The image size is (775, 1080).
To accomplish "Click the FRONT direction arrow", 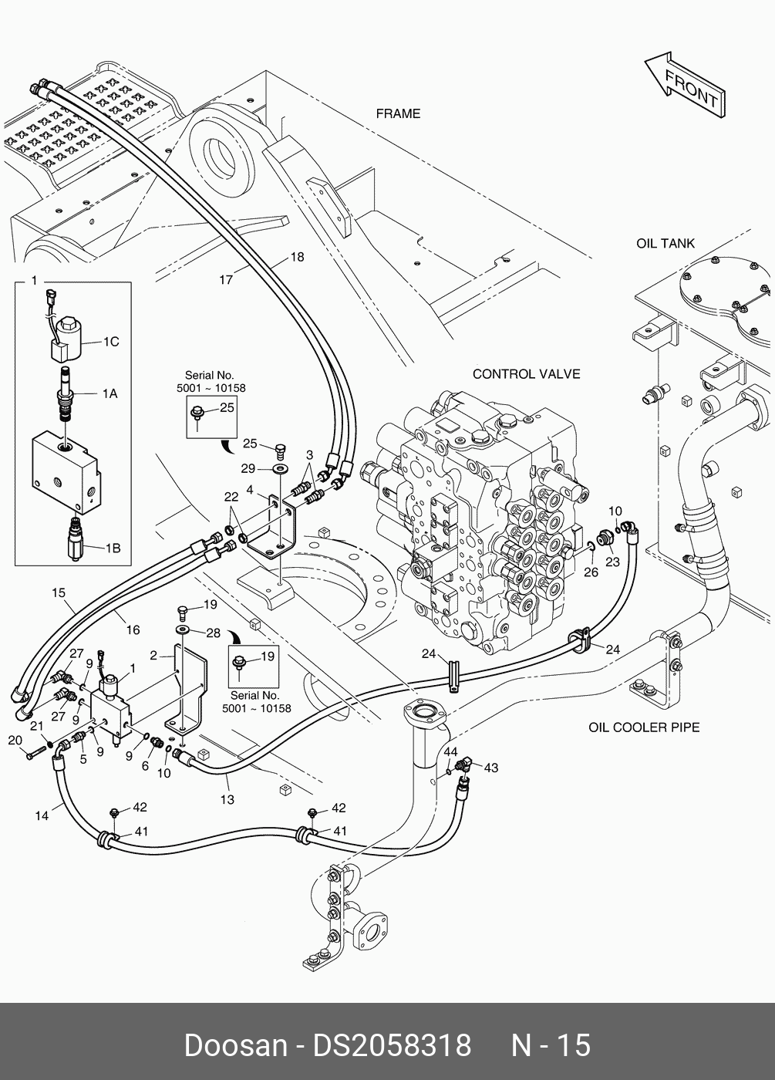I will click(x=683, y=86).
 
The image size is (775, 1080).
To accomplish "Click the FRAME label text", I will click(x=398, y=113).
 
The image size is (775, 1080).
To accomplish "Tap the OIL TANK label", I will click(x=665, y=243).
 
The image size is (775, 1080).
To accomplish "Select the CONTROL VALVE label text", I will click(x=526, y=374).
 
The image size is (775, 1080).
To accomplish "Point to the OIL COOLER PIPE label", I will click(x=644, y=727).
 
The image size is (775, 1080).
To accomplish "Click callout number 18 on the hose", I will click(x=297, y=258).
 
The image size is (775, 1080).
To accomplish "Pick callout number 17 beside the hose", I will click(x=226, y=280).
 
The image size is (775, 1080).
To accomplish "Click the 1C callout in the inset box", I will click(x=111, y=341).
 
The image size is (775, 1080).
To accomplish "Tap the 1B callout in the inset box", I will click(x=112, y=548).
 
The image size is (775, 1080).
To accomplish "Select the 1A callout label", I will click(x=110, y=393).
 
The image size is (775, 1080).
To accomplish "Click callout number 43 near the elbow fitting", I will click(x=490, y=768).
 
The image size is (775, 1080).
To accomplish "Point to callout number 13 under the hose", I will click(x=227, y=800).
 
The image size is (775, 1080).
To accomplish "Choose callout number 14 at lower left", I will click(x=43, y=815).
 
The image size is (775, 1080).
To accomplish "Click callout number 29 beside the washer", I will click(x=248, y=469).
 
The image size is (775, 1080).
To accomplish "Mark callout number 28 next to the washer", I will click(x=214, y=633).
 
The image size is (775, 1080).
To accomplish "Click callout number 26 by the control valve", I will click(x=591, y=572).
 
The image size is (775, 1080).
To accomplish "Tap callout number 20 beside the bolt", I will click(x=15, y=741).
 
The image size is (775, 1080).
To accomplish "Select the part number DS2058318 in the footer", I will click(x=391, y=1045).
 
